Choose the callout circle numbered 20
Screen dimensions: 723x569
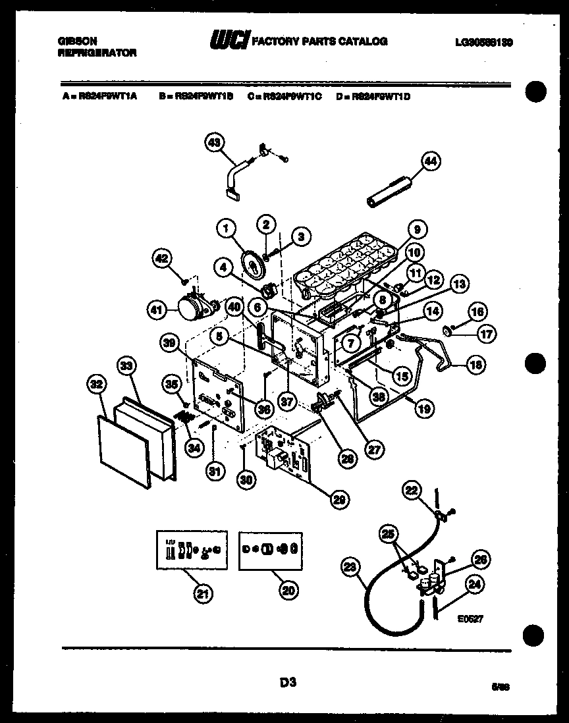click(x=287, y=591)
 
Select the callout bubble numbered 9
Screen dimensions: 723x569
click(x=416, y=230)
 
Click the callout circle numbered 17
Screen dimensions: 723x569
click(x=486, y=334)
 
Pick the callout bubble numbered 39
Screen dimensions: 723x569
click(x=171, y=342)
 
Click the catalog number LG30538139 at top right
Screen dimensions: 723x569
click(x=483, y=41)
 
